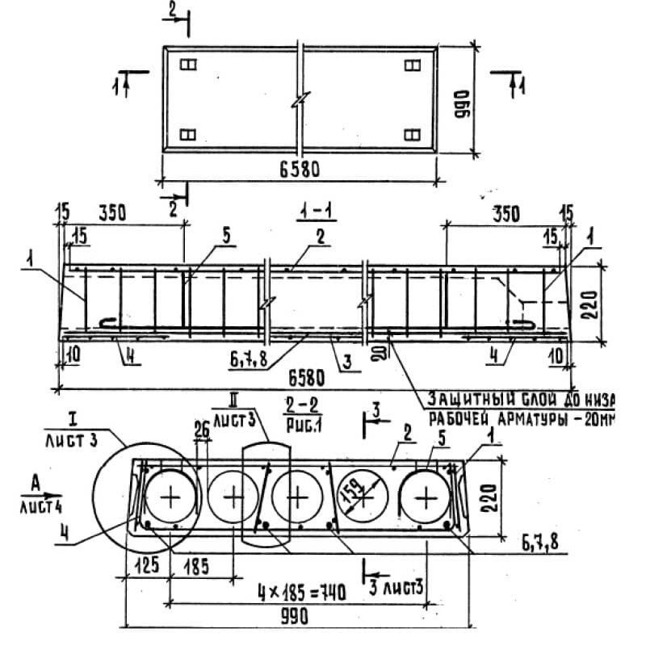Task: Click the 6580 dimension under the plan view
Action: pos(299,170)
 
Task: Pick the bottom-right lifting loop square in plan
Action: pos(412,135)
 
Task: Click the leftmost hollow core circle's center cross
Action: pos(170,497)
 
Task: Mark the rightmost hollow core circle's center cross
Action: pos(425,497)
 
